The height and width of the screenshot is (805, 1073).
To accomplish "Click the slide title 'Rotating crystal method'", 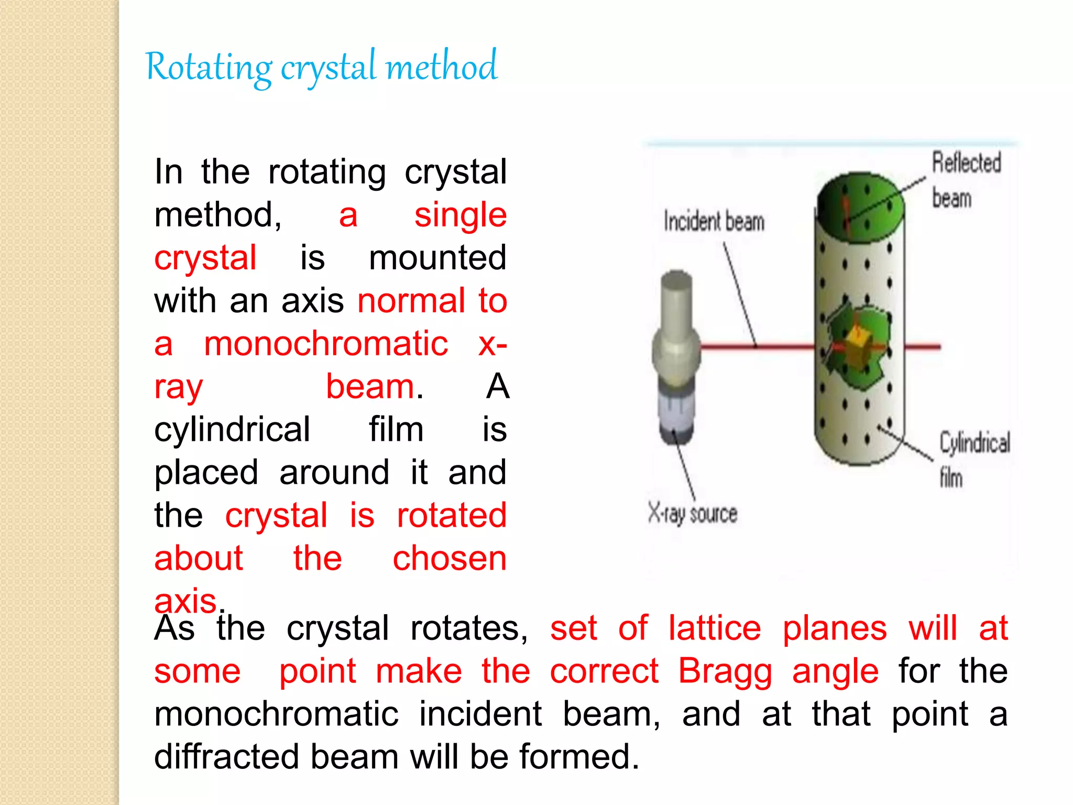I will point(321,67).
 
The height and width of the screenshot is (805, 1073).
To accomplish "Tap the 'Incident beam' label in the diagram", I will point(714,221).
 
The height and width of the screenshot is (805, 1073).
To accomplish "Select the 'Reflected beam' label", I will point(966,180).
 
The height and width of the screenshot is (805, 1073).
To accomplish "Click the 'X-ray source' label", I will point(692,514).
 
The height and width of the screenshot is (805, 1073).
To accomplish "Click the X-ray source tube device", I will point(676,356).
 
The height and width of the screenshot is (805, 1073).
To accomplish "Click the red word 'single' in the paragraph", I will point(460,215).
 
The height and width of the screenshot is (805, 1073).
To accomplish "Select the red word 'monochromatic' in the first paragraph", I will point(326,344).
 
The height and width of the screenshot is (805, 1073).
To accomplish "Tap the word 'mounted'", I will point(437,258).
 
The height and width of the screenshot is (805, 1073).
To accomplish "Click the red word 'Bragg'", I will point(725,671).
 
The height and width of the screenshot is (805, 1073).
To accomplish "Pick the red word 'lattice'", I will point(715,628).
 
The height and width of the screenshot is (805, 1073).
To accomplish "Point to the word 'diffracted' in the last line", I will point(226,757).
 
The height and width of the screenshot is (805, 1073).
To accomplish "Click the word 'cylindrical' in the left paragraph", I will point(232,430).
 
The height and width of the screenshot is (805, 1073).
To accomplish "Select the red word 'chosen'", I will point(450,559).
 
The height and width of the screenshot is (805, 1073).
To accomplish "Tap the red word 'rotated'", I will point(451,516).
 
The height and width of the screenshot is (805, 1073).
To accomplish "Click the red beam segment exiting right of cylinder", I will point(922,346).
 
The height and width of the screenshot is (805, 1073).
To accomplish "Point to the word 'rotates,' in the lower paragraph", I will point(469,628).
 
